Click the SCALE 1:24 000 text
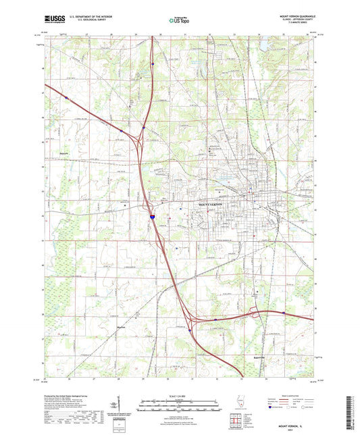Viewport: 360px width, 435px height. point(180,395)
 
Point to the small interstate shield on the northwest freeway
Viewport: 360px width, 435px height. point(66,97)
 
